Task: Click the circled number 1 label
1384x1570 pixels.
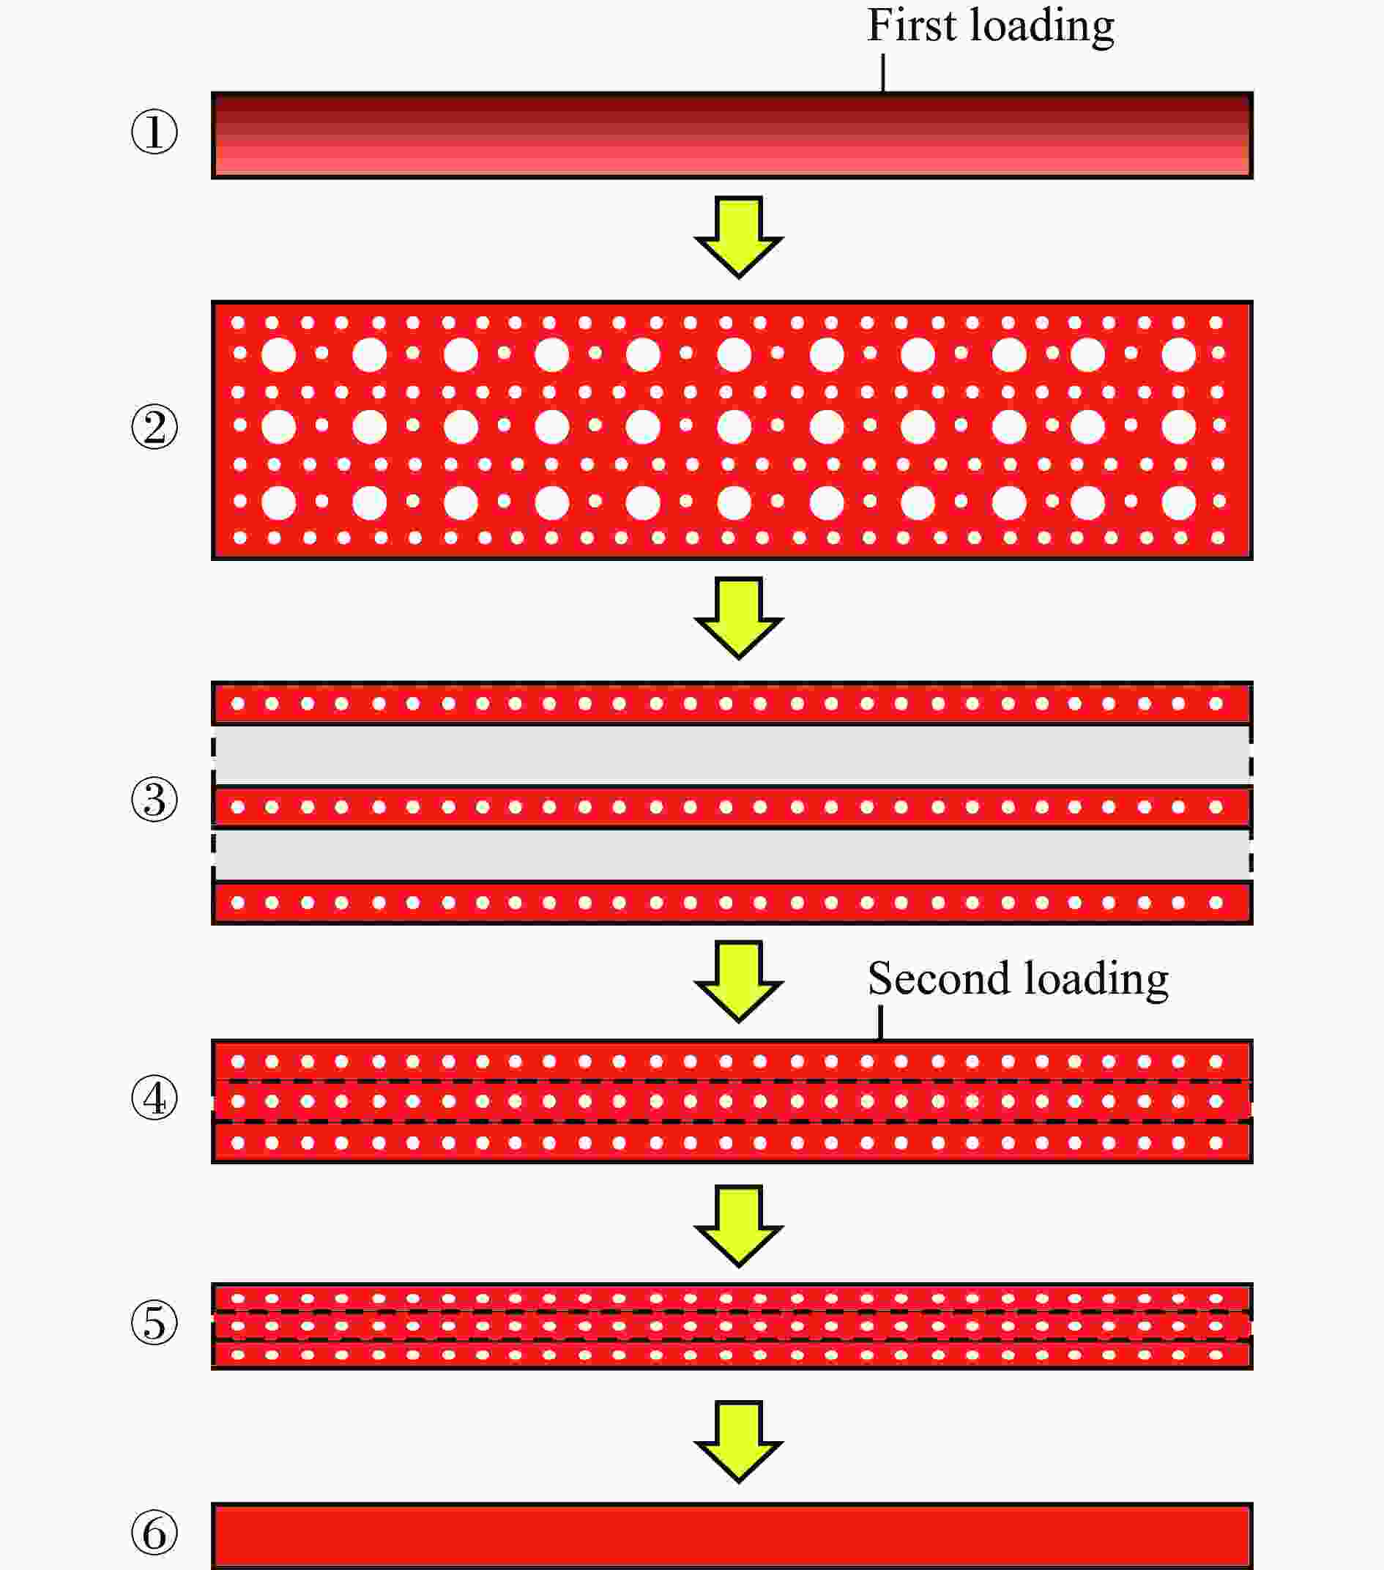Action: tap(155, 131)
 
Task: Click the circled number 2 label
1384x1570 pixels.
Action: tap(155, 427)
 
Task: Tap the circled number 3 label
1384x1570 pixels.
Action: tap(155, 799)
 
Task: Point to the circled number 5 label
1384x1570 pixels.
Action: tap(155, 1322)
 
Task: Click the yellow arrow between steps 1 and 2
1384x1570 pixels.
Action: tap(739, 237)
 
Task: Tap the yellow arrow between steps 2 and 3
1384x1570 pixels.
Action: tap(739, 618)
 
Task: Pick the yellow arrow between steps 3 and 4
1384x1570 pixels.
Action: tap(739, 982)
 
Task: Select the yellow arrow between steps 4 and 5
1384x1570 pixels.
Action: tap(739, 1226)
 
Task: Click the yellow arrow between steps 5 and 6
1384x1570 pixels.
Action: tap(739, 1442)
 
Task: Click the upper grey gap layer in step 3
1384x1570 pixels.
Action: tap(732, 755)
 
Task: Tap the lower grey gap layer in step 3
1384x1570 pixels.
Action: tap(732, 855)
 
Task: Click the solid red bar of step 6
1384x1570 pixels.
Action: tap(732, 1536)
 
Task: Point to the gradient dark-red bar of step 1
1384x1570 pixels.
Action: tap(732, 135)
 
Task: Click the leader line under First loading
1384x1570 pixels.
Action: tap(883, 72)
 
